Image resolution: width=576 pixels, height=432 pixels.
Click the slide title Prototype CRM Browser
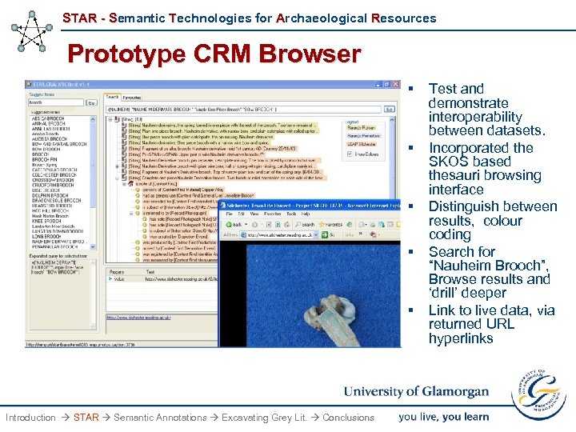(x=214, y=54)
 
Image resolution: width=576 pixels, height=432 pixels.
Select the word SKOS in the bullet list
(x=446, y=162)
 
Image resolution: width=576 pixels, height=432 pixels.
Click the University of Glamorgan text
(x=416, y=391)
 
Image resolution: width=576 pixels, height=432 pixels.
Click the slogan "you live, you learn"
(x=444, y=416)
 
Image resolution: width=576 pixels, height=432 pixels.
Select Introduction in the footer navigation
(x=30, y=417)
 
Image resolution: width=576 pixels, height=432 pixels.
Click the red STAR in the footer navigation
(x=86, y=417)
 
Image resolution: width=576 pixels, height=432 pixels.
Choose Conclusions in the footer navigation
(x=348, y=417)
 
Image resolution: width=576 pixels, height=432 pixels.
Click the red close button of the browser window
(x=396, y=84)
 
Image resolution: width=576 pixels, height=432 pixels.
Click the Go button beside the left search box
(x=90, y=102)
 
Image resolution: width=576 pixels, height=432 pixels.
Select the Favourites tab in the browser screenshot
(x=132, y=96)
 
